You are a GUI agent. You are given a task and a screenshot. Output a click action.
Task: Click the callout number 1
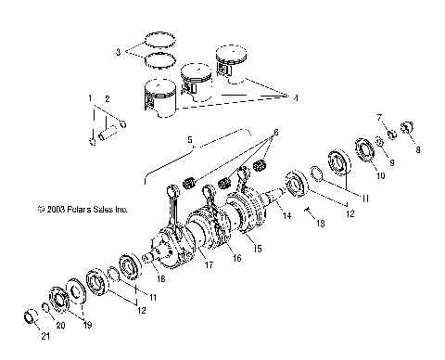click(90, 97)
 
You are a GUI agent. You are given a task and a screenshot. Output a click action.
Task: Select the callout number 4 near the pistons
click(296, 96)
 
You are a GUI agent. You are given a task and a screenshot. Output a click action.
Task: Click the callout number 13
click(322, 225)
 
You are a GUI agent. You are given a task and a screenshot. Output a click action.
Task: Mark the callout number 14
click(288, 215)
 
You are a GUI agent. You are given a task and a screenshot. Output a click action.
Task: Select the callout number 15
click(257, 249)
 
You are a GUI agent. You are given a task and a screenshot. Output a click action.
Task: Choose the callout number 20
click(61, 327)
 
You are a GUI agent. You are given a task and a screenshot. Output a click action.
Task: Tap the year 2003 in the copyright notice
click(54, 211)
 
